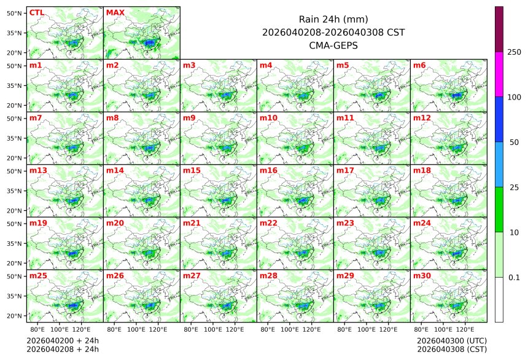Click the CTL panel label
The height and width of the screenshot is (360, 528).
point(37,12)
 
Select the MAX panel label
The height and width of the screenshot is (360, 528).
point(115,12)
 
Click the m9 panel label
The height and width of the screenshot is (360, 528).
point(190,117)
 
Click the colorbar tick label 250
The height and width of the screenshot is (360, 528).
point(514,52)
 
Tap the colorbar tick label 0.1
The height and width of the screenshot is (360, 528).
point(514,278)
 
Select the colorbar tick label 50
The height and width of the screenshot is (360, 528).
point(514,143)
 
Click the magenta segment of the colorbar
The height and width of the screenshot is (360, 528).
point(499,74)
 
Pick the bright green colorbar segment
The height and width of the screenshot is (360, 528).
point(499,209)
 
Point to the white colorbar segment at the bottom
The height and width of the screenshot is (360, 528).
point(499,300)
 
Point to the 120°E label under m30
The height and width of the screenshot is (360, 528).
point(465,330)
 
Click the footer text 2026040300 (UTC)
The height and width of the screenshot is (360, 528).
point(451,340)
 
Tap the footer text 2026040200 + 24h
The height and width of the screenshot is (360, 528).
point(63,340)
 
